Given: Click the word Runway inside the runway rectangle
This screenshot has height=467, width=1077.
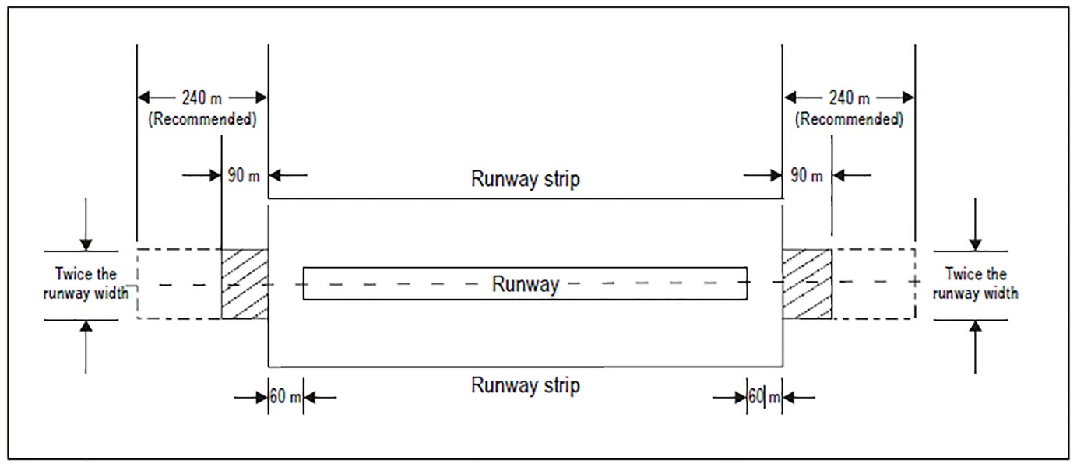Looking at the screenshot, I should [x=525, y=284].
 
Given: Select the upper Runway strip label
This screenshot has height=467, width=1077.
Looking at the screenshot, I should [x=525, y=179].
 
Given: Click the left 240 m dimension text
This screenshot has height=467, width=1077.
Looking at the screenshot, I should [x=202, y=97].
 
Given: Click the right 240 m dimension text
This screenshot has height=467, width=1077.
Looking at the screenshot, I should [x=849, y=97].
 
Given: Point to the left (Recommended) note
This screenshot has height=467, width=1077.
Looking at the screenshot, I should [x=202, y=120].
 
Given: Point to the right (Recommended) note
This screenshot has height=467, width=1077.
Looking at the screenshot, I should [x=849, y=120].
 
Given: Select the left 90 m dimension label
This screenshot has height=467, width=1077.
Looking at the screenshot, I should [x=245, y=175].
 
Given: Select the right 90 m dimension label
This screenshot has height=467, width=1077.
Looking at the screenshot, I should [x=807, y=175].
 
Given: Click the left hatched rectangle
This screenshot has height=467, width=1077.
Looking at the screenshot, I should [x=245, y=284].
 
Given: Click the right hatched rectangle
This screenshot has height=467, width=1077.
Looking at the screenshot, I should [x=807, y=284].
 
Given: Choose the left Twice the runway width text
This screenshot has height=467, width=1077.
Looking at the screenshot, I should [x=86, y=284].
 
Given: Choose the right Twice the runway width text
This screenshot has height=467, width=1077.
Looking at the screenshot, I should [x=976, y=284].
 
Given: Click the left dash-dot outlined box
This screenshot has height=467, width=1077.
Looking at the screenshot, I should [x=179, y=284].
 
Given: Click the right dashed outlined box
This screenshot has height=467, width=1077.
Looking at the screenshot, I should [x=874, y=284].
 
